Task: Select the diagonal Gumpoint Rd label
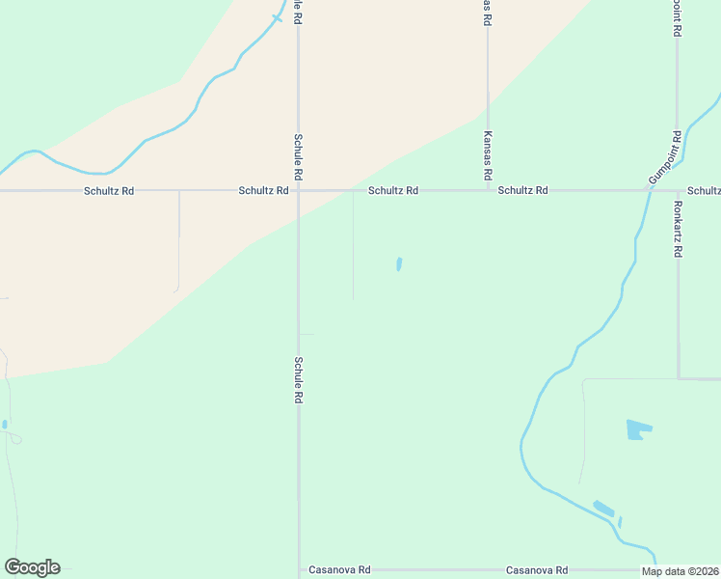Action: pyautogui.click(x=665, y=158)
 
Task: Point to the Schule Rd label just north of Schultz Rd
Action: pyautogui.click(x=299, y=157)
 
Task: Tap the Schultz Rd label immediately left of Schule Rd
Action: pyautogui.click(x=263, y=191)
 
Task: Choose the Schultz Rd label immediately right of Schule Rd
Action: pyautogui.click(x=392, y=191)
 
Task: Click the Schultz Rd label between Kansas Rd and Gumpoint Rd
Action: pyautogui.click(x=522, y=191)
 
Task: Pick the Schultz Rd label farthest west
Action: pyautogui.click(x=108, y=191)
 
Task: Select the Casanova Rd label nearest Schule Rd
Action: pyautogui.click(x=337, y=570)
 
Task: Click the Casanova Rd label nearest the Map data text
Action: pyautogui.click(x=536, y=570)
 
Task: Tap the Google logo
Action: pyautogui.click(x=32, y=567)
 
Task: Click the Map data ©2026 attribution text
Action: pyautogui.click(x=680, y=571)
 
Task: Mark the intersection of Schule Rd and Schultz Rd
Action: pyautogui.click(x=298, y=190)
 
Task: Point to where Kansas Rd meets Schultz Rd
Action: pyautogui.click(x=488, y=190)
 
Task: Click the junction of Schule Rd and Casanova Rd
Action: pyautogui.click(x=299, y=570)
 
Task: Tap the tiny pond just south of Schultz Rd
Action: pyautogui.click(x=399, y=263)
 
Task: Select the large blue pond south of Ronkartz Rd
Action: pyautogui.click(x=637, y=429)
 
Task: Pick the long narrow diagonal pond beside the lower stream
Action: pyautogui.click(x=603, y=508)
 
